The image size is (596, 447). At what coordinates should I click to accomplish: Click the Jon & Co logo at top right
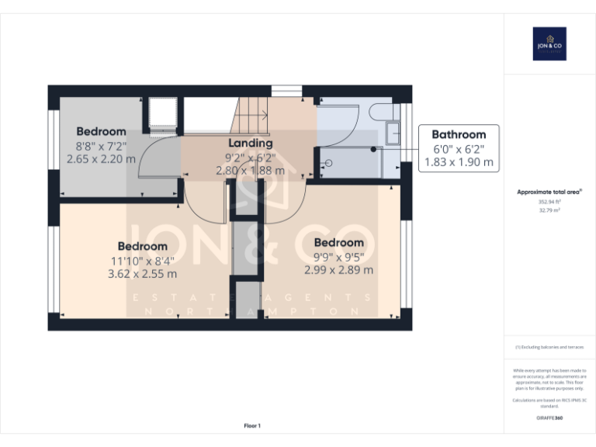pos(549,43)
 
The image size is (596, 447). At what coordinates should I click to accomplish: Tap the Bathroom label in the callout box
pos(459,134)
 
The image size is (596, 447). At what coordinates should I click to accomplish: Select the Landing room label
pos(250,144)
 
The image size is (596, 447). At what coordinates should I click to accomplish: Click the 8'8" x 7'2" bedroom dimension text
pos(101,146)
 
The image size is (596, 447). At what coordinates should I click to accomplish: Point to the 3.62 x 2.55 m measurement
pos(142,274)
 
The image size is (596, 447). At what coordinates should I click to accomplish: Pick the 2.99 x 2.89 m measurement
pos(338,270)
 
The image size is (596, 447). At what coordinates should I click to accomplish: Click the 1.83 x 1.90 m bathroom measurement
pos(459,163)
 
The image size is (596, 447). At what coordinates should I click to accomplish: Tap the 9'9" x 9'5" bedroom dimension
pos(338,257)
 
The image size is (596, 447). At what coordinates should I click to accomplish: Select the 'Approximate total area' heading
pos(549,192)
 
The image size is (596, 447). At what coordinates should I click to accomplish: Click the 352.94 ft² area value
pos(549,202)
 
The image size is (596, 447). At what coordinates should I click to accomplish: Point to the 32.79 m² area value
pos(549,210)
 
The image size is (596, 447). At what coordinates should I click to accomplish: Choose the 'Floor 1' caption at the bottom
pos(252,425)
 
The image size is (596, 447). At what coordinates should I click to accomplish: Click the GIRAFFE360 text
pos(549,418)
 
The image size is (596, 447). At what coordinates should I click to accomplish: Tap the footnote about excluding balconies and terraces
pos(549,348)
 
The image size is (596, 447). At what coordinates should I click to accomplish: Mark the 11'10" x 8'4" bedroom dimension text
pos(142,261)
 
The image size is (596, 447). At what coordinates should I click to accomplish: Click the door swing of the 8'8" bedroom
pos(160,160)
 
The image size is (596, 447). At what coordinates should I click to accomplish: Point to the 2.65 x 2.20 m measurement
pos(101,159)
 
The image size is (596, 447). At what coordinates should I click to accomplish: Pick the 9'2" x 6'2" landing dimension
pos(250,157)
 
